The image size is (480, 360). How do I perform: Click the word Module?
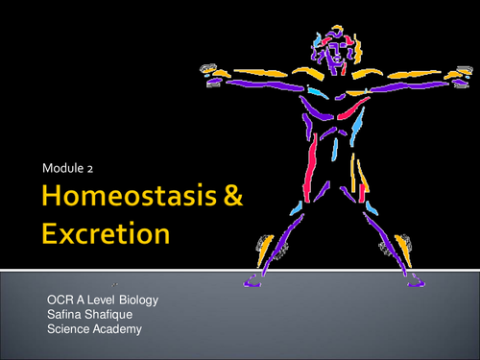tap(60, 169)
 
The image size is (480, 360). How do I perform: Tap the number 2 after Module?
tap(90, 169)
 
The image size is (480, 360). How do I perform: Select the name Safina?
tap(65, 315)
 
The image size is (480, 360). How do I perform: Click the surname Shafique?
tap(114, 315)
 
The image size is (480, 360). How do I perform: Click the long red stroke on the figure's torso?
tap(312, 154)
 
